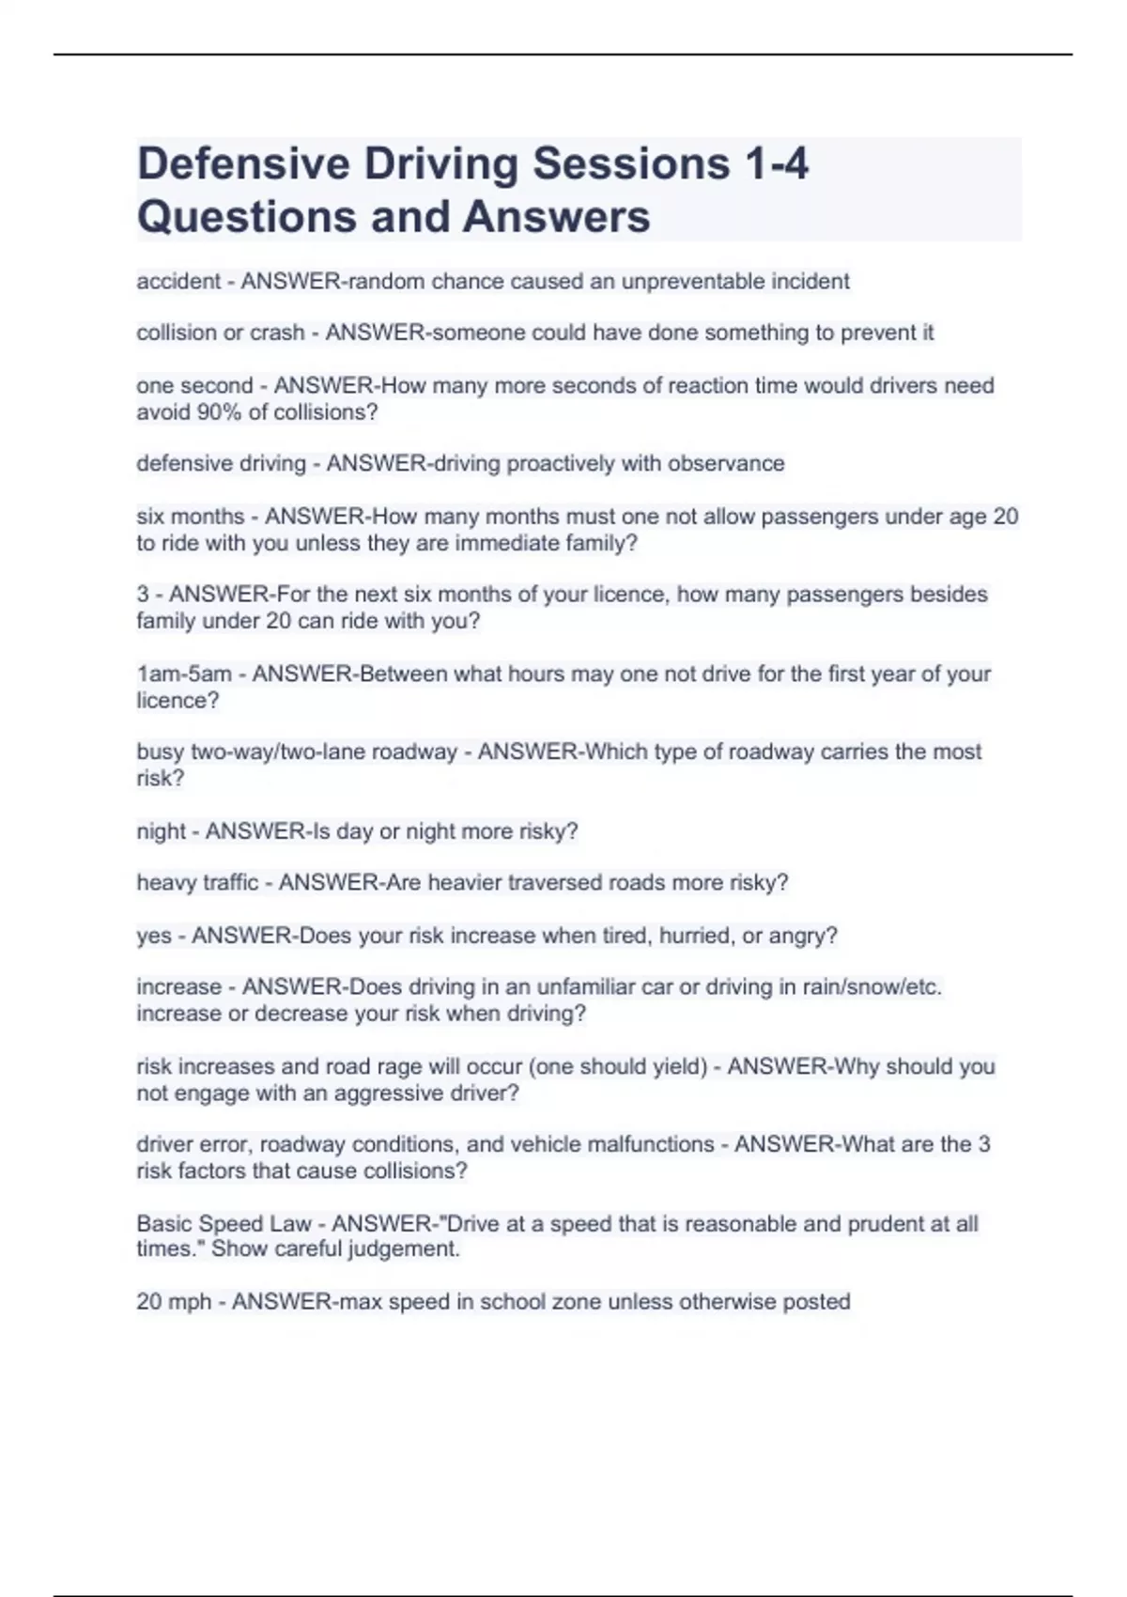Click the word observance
726,463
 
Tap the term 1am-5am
184,674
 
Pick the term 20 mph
174,1302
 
